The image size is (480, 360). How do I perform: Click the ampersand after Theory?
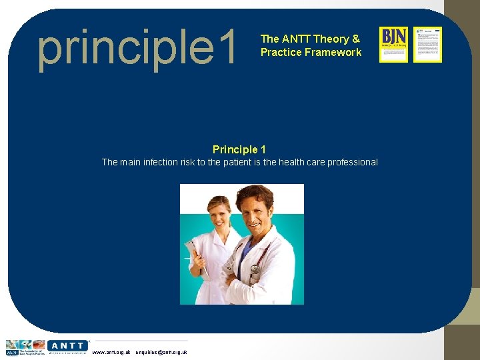click(x=356, y=39)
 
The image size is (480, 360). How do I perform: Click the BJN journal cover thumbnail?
click(x=393, y=45)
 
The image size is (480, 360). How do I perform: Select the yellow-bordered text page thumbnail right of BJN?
click(x=427, y=45)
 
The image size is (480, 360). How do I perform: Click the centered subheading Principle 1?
click(x=239, y=149)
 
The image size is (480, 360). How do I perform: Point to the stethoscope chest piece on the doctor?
click(x=255, y=269)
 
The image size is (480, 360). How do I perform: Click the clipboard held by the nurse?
click(x=195, y=257)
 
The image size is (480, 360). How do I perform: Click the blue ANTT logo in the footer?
click(x=67, y=345)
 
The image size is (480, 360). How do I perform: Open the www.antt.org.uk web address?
click(x=111, y=352)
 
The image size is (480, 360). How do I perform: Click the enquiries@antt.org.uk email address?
click(x=161, y=352)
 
